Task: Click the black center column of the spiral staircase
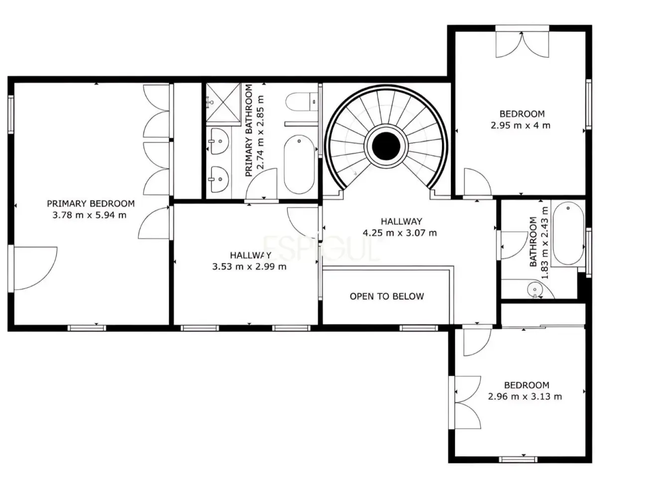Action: [386, 146]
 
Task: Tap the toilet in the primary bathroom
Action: [301, 102]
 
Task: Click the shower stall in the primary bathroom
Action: [223, 102]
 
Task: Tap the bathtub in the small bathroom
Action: [568, 234]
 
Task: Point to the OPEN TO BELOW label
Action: [386, 296]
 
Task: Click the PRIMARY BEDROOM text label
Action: [91, 203]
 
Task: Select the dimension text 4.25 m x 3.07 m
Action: [400, 233]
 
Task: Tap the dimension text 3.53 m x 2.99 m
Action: [249, 266]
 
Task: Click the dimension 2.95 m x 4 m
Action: [520, 125]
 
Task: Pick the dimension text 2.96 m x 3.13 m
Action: [525, 396]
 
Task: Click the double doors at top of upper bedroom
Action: [522, 44]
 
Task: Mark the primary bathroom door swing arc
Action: [261, 183]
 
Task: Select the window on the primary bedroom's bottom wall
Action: [87, 328]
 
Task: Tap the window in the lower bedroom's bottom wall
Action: [518, 460]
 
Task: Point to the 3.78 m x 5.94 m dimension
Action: [89, 215]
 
